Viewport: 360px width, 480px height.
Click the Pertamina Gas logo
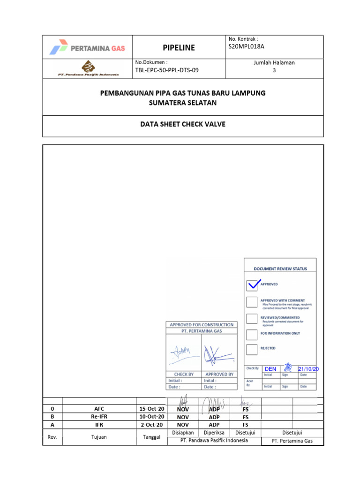click(87, 47)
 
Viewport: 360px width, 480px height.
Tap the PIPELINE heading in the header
click(179, 47)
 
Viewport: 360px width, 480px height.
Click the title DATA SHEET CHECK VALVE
click(183, 124)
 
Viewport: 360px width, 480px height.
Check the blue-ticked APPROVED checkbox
click(252, 285)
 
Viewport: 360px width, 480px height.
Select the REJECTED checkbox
click(252, 349)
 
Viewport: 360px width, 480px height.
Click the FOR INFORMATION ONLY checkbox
click(252, 334)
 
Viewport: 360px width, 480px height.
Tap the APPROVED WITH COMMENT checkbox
click(252, 301)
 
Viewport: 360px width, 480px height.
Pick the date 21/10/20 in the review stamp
click(308, 369)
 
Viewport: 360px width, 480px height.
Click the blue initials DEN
click(270, 369)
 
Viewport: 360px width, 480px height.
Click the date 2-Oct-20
click(151, 425)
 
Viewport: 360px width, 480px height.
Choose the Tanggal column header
click(151, 437)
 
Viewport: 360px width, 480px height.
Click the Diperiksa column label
click(214, 433)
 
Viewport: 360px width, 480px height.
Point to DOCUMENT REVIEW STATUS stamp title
click(280, 269)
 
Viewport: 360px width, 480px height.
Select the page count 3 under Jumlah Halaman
click(274, 70)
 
